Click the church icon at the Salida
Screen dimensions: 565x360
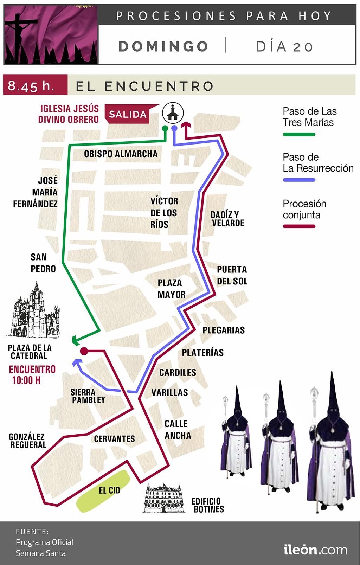coord(173,113)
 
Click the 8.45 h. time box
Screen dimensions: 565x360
coord(34,85)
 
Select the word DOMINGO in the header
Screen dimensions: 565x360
coord(163,46)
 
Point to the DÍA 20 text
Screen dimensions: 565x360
coord(284,46)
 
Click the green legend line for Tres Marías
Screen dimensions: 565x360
coord(299,134)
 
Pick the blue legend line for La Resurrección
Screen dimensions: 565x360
coord(299,180)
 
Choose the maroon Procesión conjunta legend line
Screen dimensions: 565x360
coord(299,226)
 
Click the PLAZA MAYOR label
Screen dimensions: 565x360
coord(171,289)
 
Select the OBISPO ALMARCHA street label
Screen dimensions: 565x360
coord(121,154)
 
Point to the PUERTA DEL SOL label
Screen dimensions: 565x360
coord(232,275)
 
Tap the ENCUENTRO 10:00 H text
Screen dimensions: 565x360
coord(32,375)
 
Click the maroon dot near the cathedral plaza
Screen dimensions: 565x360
coord(84,351)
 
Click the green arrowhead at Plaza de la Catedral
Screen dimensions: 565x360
coord(75,340)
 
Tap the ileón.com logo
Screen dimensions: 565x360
coord(315,550)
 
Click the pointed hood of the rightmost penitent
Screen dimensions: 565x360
coord(332,390)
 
